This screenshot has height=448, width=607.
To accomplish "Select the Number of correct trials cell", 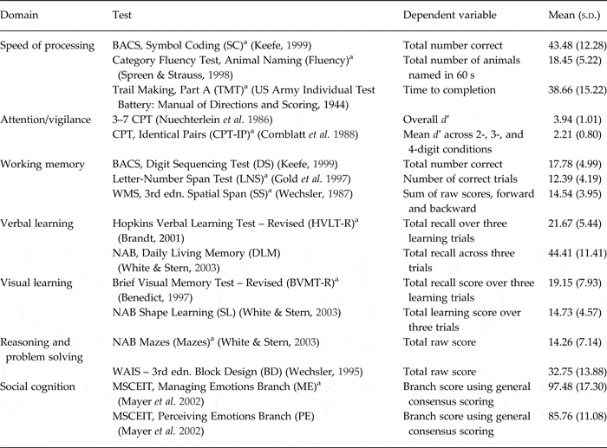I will point(460,179).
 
